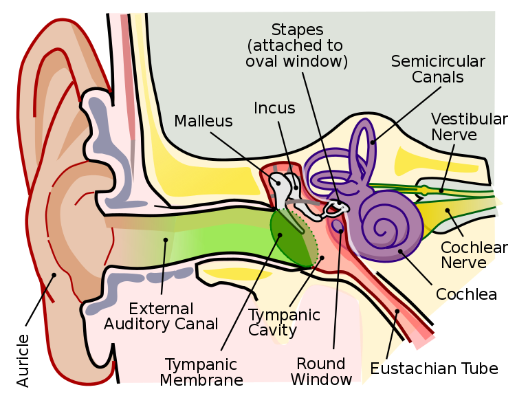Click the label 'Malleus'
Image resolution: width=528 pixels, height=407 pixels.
(x=203, y=122)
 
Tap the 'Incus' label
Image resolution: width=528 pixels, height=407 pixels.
(x=274, y=109)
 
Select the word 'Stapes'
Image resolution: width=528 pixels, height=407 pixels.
(x=297, y=30)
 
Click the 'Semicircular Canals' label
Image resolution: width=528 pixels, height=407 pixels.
(x=438, y=69)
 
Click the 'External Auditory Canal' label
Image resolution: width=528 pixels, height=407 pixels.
(x=161, y=316)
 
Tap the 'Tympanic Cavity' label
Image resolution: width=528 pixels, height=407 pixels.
(x=284, y=322)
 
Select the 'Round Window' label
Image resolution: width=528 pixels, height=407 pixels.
(x=321, y=371)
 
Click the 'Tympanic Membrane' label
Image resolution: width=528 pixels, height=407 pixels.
(x=201, y=372)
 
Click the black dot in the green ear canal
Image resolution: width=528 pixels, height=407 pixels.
(x=165, y=240)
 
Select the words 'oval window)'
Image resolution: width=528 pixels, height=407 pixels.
(x=297, y=61)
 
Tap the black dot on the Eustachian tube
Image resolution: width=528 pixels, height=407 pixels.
(x=397, y=311)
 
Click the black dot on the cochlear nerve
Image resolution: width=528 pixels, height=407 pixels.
(x=448, y=209)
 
